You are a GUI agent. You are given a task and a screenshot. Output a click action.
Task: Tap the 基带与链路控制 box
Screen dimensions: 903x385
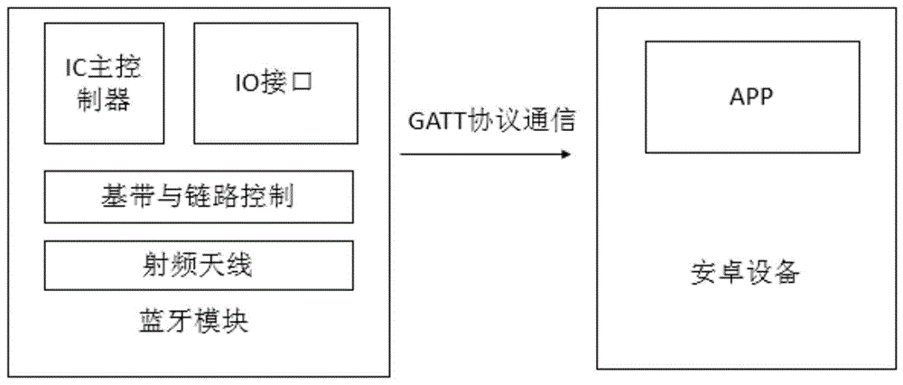(199, 195)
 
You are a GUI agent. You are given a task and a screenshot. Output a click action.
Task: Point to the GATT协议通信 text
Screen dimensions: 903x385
(486, 122)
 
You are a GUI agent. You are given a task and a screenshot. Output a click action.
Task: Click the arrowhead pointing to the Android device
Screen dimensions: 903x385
(566, 155)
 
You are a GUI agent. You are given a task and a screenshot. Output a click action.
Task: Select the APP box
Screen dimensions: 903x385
(750, 97)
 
